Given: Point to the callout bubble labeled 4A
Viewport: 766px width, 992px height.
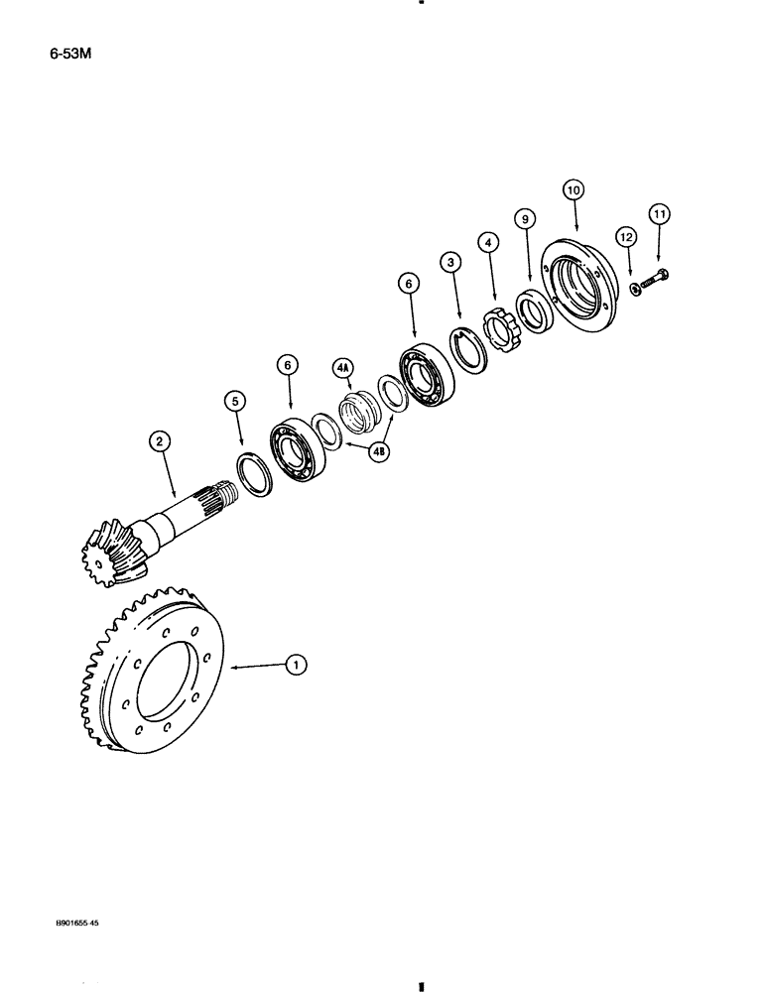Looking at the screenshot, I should (x=343, y=370).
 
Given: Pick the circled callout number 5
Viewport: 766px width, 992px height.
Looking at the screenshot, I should (x=233, y=402).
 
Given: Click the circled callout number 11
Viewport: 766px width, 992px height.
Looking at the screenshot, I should (x=659, y=212).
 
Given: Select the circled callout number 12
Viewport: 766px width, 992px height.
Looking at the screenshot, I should (x=623, y=237).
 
